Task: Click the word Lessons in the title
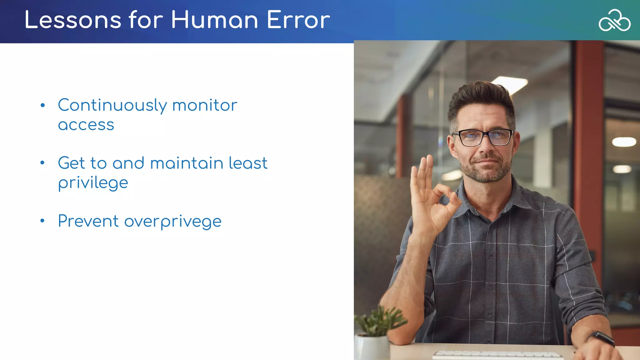[x=73, y=20]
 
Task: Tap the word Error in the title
[x=298, y=20]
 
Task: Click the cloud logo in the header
[x=614, y=20]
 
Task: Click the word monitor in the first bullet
[x=205, y=106]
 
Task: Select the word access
[x=86, y=125]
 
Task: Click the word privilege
[x=93, y=183]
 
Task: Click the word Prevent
[x=88, y=221]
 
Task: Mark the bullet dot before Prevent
[x=42, y=221]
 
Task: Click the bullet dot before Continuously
[x=42, y=105]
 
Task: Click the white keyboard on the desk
[x=497, y=355]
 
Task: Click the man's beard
[x=486, y=172]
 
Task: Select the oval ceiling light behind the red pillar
[x=624, y=142]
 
